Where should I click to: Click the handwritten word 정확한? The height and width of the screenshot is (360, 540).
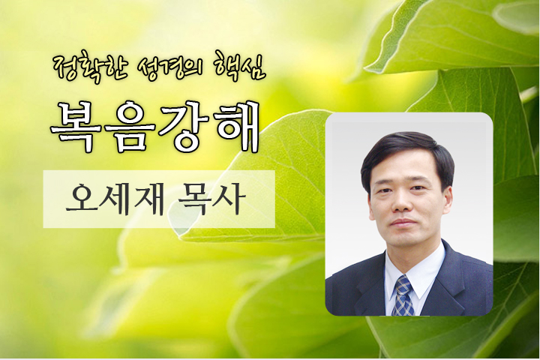pos(91,66)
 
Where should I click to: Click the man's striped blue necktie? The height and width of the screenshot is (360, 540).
pos(403,295)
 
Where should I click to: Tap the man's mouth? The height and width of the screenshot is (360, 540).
pos(403,222)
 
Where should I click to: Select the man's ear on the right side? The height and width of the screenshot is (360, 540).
pos(447,199)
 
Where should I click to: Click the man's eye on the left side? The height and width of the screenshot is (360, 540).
pos(385,190)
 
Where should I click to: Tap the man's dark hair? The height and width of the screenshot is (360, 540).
pos(406,151)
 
